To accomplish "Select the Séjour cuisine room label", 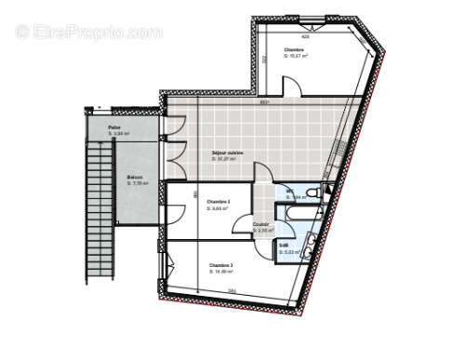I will [x=227, y=153].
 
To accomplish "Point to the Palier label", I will [x=114, y=127].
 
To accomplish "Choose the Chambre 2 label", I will [x=218, y=202].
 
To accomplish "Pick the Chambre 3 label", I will [x=220, y=266].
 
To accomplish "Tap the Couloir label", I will [x=261, y=223].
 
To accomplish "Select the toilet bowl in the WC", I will [x=313, y=193].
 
